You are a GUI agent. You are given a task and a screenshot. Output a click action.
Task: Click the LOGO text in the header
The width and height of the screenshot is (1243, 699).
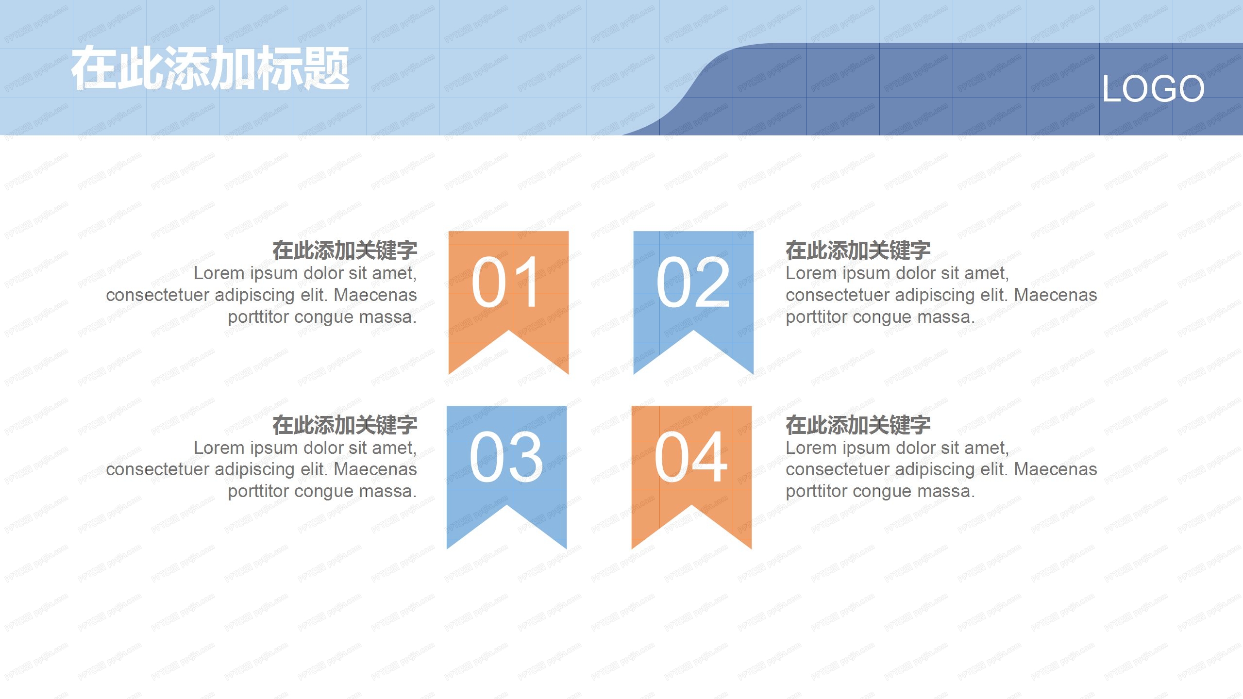(x=1153, y=89)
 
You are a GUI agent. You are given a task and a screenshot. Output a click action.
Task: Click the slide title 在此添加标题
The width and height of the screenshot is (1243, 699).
(x=210, y=68)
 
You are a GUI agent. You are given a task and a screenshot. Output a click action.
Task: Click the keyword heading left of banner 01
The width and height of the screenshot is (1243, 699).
(x=344, y=250)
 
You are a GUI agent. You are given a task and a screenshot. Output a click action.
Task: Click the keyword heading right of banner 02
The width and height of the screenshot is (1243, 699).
(x=858, y=250)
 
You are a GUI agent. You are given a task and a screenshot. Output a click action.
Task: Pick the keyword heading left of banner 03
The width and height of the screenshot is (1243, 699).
(x=344, y=425)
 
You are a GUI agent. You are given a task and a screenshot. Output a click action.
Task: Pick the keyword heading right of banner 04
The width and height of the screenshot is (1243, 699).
(x=858, y=425)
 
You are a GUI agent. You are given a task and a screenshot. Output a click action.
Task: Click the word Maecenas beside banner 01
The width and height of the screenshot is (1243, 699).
(x=375, y=295)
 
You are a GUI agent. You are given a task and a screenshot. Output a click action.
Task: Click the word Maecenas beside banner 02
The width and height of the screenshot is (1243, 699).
(x=1056, y=295)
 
